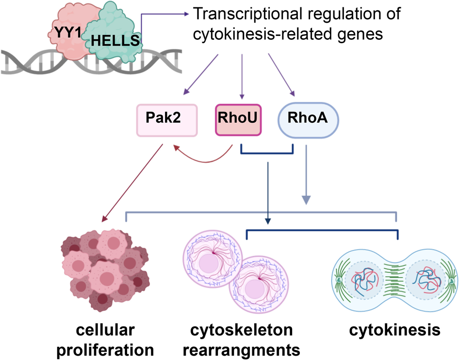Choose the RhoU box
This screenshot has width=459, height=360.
click(238, 119)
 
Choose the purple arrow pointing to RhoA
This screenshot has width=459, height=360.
click(281, 75)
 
